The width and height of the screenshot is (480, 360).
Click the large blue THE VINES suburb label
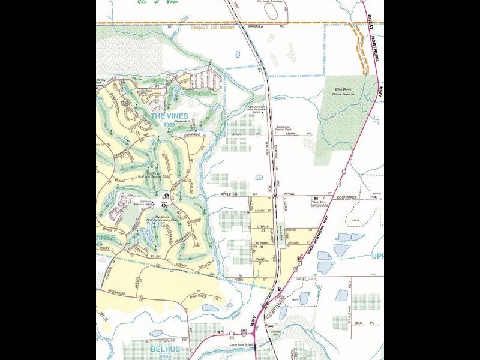coord(169,116)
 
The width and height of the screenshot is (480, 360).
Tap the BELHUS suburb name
coord(163,347)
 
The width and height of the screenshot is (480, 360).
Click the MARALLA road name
coord(256,27)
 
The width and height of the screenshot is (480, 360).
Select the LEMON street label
coord(260,211)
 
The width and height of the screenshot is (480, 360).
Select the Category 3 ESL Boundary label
coord(212,27)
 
